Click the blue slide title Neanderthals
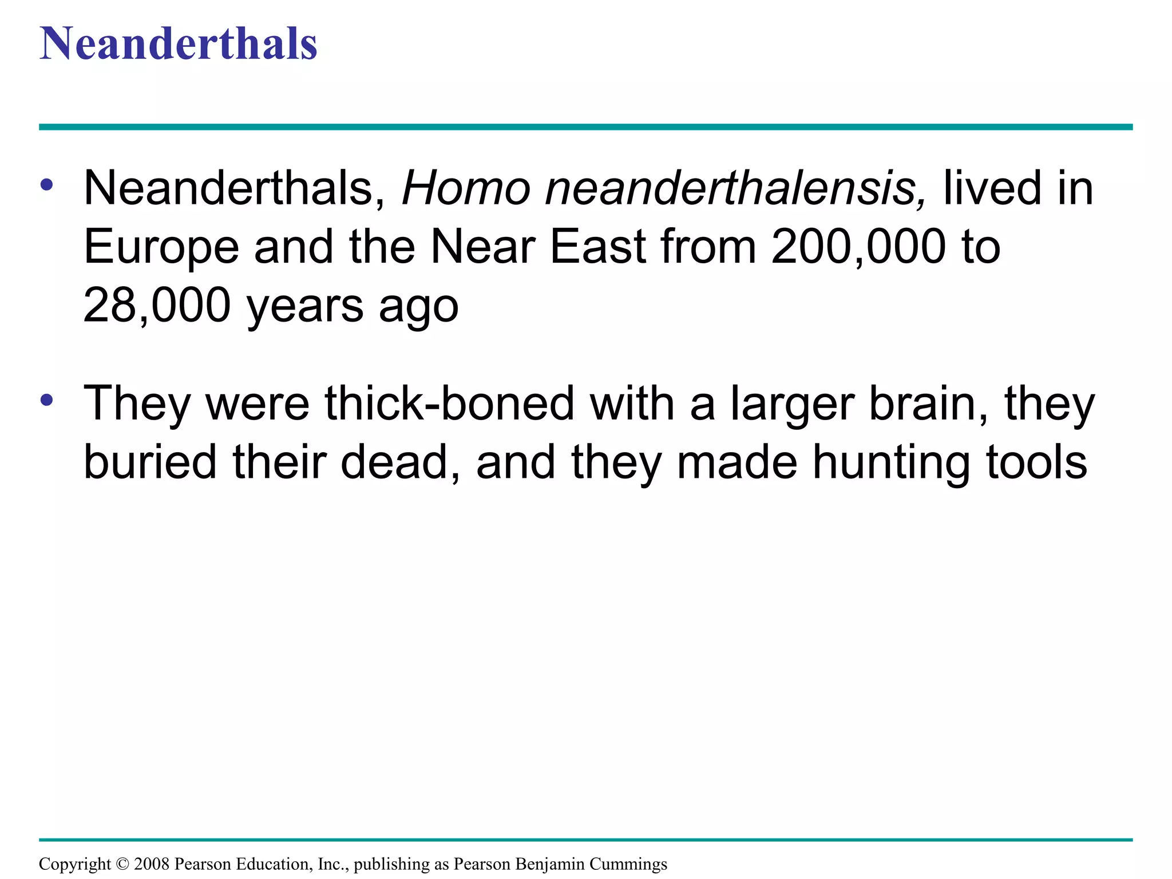click(x=178, y=45)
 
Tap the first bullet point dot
click(x=47, y=184)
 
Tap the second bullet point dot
click(x=47, y=399)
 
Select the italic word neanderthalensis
click(x=735, y=189)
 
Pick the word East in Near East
click(x=598, y=247)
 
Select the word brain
click(x=927, y=404)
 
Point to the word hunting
click(x=891, y=464)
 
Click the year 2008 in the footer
click(x=152, y=864)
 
